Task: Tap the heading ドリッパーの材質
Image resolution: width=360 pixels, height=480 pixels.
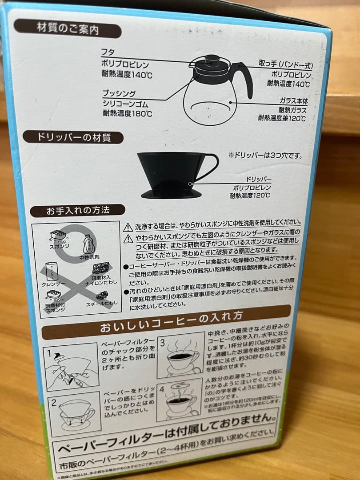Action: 73,137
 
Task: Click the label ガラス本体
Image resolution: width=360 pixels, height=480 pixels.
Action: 293,101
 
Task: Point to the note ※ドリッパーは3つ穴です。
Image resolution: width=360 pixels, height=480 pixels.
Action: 265,156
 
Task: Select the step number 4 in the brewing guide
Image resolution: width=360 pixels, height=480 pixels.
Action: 162,390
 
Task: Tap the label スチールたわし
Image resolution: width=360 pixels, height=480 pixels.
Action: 101,304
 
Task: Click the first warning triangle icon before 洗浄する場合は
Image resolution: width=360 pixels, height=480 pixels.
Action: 128,226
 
